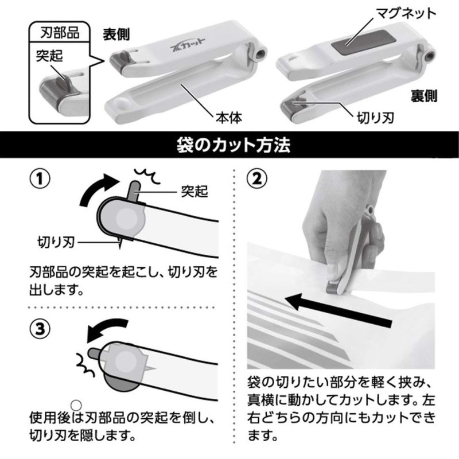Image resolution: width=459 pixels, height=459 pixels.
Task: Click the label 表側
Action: tap(117, 34)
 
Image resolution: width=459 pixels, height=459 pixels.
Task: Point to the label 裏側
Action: tap(423, 95)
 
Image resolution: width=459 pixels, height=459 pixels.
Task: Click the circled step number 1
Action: tap(38, 178)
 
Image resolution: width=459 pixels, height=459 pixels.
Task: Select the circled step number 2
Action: tap(256, 178)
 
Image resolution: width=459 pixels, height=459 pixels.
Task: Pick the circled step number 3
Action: tap(38, 328)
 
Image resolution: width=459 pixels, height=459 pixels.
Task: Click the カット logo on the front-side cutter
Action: tap(182, 59)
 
